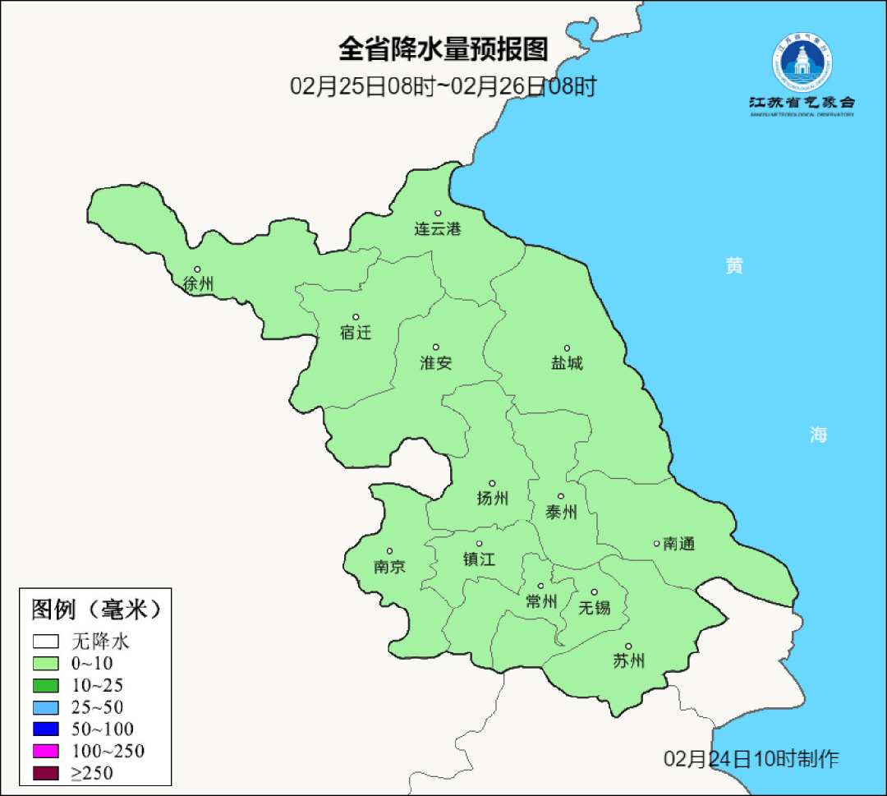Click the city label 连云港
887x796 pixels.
coord(438,229)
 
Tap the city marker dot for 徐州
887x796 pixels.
coord(197,269)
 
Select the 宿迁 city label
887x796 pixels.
coord(356,333)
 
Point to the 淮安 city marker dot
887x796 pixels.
coord(436,347)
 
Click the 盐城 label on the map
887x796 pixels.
coord(567,363)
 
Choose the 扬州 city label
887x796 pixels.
coord(493,499)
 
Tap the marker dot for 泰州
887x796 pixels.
coord(561,496)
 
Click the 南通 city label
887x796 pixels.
coord(679,544)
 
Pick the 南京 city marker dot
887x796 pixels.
coord(389,552)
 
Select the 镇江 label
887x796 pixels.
coord(480,559)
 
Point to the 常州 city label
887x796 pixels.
coord(541,602)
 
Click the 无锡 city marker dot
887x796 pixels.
coord(595,592)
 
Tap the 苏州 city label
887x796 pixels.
coord(629,661)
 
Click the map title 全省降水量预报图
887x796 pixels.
coord(443,49)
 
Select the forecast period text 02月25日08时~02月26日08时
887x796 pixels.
coord(443,86)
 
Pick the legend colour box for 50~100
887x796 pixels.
coord(46,729)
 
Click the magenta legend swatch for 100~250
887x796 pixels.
coord(46,751)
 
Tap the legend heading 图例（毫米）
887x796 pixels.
coord(94,610)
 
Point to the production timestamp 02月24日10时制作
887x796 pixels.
coord(751,759)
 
